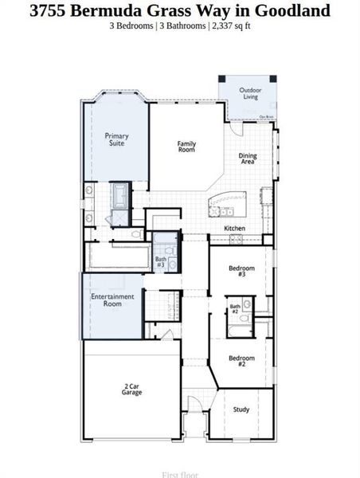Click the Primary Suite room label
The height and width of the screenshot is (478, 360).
click(x=116, y=139)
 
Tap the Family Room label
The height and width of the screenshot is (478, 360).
click(x=186, y=147)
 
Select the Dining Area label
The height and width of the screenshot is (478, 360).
click(x=248, y=159)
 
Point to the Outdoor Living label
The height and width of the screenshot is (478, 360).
click(x=250, y=93)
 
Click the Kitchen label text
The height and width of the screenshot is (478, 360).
click(x=234, y=229)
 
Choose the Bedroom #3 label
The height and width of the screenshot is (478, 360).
click(x=241, y=271)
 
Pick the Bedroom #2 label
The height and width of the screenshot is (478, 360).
click(x=241, y=361)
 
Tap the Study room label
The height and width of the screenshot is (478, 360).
click(x=241, y=409)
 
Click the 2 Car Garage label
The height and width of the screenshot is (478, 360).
click(x=132, y=390)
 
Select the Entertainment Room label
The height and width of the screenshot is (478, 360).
click(x=112, y=300)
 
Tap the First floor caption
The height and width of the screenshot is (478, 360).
click(x=180, y=474)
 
